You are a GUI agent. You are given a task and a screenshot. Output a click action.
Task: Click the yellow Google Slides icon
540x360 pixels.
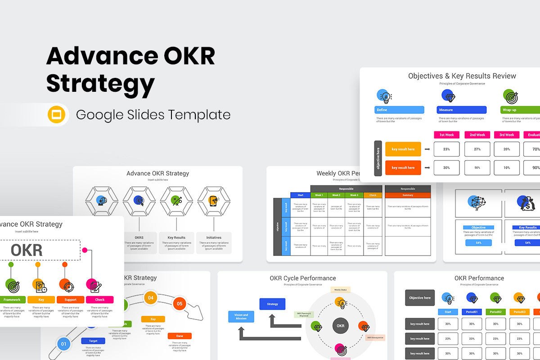(x=57, y=115)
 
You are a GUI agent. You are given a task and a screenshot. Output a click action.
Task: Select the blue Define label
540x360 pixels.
(x=399, y=110)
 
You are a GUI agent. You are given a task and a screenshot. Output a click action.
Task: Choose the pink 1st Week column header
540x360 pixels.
(x=446, y=135)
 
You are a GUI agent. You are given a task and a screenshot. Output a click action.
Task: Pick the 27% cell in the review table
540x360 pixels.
(x=477, y=149)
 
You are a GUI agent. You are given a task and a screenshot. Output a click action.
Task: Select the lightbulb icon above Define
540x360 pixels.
(x=384, y=96)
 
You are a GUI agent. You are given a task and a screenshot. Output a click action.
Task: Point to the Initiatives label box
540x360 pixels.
(x=214, y=243)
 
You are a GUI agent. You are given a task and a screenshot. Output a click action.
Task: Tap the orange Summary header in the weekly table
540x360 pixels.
(x=408, y=195)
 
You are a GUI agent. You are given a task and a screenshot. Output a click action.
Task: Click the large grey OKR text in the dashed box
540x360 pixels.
(x=27, y=250)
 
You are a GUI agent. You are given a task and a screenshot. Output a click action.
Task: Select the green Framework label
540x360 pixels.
(x=12, y=300)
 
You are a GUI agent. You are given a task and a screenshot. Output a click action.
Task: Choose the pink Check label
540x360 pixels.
(x=99, y=300)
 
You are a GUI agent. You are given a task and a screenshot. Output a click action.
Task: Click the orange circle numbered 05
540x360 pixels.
(x=179, y=304)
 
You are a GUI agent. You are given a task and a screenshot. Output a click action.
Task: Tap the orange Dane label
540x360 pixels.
(x=180, y=336)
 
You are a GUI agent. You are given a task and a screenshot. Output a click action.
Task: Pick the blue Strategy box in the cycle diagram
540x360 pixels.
(x=272, y=304)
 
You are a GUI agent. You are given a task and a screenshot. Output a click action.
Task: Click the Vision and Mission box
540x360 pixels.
(x=241, y=317)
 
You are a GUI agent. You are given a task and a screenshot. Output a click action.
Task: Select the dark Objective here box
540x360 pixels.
(x=420, y=298)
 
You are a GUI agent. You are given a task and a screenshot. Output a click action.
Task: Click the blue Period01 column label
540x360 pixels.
(x=472, y=312)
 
